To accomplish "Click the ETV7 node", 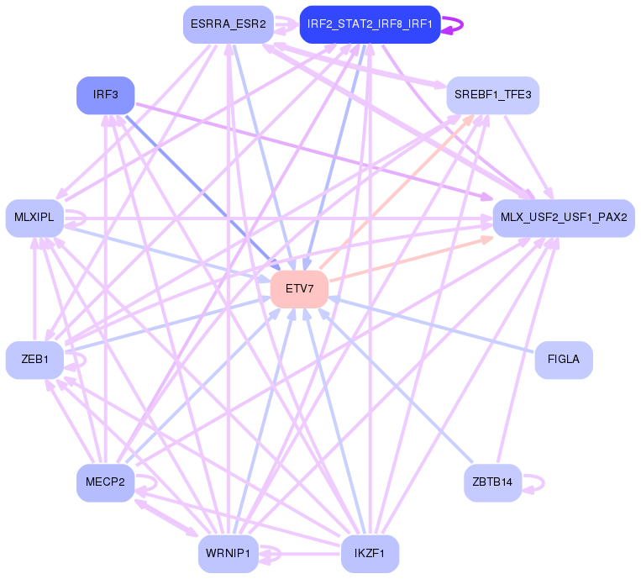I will click(x=299, y=288).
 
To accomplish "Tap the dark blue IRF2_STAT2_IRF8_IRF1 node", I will click(x=370, y=24).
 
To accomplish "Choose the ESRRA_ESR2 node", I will click(x=228, y=24).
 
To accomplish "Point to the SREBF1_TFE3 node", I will click(x=492, y=95).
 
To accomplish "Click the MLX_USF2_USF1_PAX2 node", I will click(x=563, y=218).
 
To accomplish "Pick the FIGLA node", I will click(x=563, y=360).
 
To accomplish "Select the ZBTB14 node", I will click(x=492, y=482).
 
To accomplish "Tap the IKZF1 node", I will click(x=370, y=554).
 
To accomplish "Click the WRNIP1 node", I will click(x=228, y=554).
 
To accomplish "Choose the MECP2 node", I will click(x=105, y=482).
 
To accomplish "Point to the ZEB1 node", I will click(x=34, y=360).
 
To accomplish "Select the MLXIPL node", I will click(x=34, y=218).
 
